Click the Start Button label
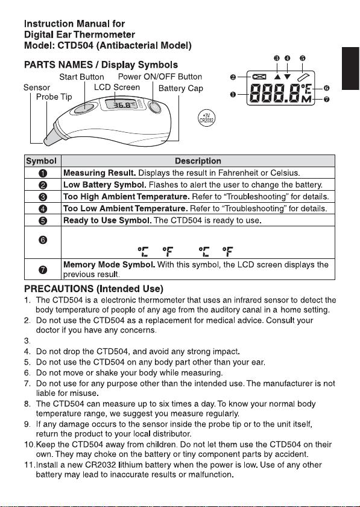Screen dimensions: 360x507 click(x=81, y=77)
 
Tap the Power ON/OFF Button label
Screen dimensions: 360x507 click(x=160, y=77)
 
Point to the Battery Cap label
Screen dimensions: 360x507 click(x=181, y=88)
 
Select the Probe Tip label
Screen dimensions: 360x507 click(x=54, y=97)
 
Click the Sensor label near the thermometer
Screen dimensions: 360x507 click(x=37, y=88)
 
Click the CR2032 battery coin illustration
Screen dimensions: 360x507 click(x=206, y=118)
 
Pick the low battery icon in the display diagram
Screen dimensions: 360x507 click(x=259, y=77)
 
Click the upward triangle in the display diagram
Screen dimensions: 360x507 click(x=277, y=77)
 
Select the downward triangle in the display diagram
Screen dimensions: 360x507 click(x=287, y=77)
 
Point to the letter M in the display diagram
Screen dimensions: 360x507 click(x=306, y=99)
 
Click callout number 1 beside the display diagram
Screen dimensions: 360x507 click(x=233, y=94)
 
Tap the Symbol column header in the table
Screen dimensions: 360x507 click(x=42, y=161)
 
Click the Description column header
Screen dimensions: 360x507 click(x=198, y=161)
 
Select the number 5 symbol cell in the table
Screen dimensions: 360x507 click(x=43, y=220)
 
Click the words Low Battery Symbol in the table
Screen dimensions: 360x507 click(x=105, y=185)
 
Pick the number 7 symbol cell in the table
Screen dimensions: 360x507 click(x=43, y=270)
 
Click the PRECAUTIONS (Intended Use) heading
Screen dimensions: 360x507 click(x=93, y=289)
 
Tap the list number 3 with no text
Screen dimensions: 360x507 click(x=27, y=341)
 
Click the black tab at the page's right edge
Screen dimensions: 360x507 click(x=351, y=68)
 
